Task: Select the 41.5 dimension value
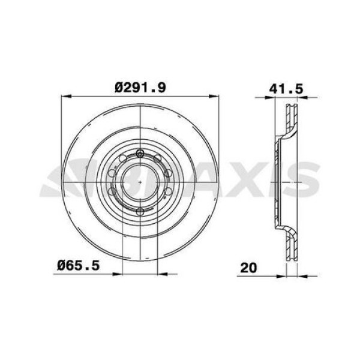click(x=286, y=89)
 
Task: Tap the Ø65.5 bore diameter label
click(x=78, y=266)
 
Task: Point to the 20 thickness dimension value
click(x=248, y=268)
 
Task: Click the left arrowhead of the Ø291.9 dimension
click(x=66, y=97)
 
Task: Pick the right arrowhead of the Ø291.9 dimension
click(x=214, y=97)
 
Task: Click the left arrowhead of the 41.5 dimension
click(x=270, y=98)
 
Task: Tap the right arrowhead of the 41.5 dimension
click(x=302, y=98)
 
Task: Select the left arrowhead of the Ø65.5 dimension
click(x=118, y=274)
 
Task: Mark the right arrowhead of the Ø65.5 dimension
click(x=163, y=274)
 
